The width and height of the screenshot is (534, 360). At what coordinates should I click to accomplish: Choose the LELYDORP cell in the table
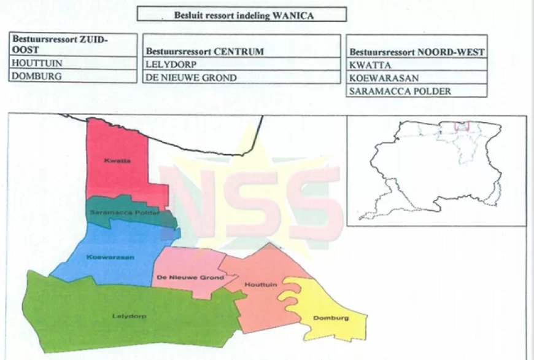click(166, 64)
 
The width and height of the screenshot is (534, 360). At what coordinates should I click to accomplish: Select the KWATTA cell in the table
click(365, 65)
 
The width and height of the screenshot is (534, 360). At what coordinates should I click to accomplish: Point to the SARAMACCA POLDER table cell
click(390, 92)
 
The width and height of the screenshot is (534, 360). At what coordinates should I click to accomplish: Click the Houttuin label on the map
click(257, 285)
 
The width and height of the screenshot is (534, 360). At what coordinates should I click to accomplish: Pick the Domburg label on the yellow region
click(331, 318)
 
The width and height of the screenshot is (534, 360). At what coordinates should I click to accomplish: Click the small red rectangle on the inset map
click(462, 126)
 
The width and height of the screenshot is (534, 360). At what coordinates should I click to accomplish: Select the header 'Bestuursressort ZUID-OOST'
click(59, 44)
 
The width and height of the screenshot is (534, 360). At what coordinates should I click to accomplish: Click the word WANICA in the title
click(294, 16)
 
